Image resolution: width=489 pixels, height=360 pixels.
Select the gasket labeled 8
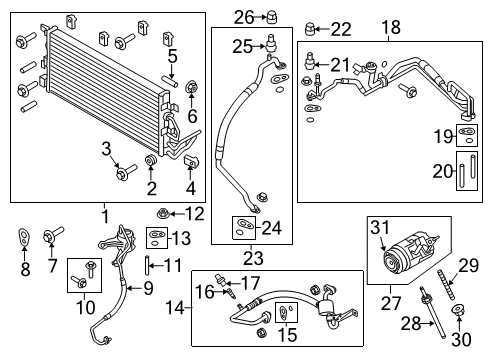click(x=25, y=238)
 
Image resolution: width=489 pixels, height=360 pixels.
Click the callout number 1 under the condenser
click(x=104, y=214)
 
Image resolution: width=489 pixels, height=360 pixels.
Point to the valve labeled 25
click(x=269, y=42)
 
